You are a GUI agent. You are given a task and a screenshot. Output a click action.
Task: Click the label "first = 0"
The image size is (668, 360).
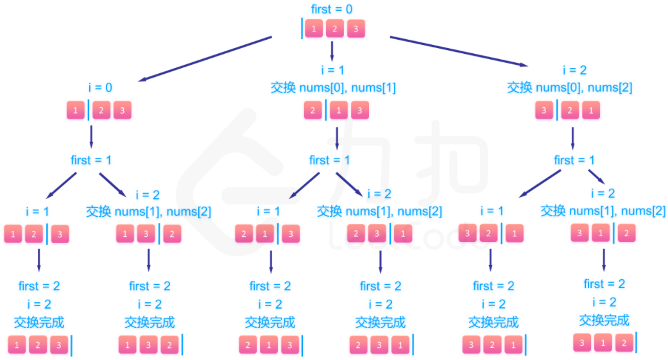(x=330, y=10)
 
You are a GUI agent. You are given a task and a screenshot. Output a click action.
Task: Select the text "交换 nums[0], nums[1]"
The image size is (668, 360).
(x=332, y=87)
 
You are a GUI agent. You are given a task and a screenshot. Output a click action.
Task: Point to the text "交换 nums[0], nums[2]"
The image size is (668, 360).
(x=570, y=87)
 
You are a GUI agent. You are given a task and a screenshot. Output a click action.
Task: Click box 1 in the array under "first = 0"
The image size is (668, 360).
(x=314, y=29)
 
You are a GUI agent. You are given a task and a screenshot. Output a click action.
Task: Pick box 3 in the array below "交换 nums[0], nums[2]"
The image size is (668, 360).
(x=545, y=110)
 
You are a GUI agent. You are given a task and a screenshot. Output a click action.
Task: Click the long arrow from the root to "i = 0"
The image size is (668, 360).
(x=205, y=59)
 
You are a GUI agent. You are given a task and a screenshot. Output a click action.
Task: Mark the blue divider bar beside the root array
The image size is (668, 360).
(x=302, y=29)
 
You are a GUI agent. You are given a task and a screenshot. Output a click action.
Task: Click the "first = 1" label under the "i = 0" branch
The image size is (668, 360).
(x=92, y=160)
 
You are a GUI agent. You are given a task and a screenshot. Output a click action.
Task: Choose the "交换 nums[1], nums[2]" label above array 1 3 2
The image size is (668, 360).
(x=148, y=211)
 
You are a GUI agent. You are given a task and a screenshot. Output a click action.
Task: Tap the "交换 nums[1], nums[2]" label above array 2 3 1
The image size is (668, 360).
(x=379, y=211)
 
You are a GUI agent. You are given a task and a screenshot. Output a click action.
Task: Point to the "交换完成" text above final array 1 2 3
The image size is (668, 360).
(x=39, y=322)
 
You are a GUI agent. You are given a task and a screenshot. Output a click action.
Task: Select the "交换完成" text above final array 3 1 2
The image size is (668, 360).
(x=604, y=320)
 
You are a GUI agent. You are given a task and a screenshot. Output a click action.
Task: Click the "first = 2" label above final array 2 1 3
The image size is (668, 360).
(x=270, y=286)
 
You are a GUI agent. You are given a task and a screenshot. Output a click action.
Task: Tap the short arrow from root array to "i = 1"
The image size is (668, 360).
(x=332, y=50)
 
